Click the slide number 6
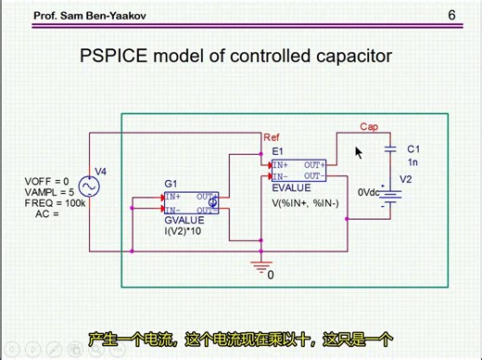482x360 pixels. [452, 16]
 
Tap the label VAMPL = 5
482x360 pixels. [46, 192]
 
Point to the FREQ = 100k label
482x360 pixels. [47, 202]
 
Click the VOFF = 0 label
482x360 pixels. [43, 182]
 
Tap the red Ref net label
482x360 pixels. [271, 136]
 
